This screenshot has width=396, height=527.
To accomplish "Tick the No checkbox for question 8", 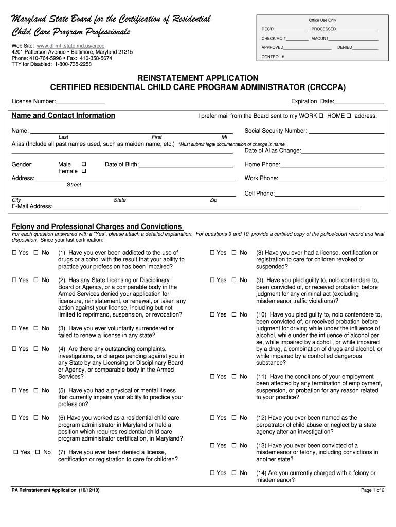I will point(234,253).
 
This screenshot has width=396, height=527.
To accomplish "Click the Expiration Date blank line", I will point(359,102).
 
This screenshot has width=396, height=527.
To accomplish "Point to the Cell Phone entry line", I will point(330,194).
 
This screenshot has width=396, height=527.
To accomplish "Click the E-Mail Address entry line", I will point(206,207).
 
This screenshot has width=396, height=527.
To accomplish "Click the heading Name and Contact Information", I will point(63,116).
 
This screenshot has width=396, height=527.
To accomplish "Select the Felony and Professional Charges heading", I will point(97,226).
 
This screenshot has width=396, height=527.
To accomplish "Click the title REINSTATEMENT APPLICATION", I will point(197,77).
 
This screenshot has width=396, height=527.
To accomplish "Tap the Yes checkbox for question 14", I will point(212,473).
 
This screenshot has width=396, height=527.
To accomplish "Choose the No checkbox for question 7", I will point(38,452).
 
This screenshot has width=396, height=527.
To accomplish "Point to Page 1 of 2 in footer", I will point(373,490).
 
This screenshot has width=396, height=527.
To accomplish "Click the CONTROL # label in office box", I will point(273,57).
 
